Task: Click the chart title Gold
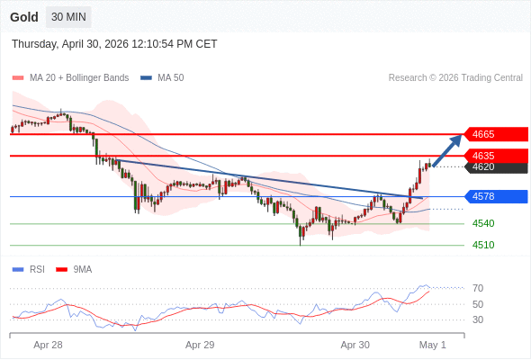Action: tap(24, 17)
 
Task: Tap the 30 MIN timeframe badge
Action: tap(68, 17)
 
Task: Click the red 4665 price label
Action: tap(496, 134)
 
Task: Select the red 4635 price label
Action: tap(496, 156)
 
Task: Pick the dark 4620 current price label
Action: tap(496, 167)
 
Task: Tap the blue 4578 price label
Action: tap(496, 196)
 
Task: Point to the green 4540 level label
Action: tap(483, 223)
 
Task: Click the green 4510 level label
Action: tap(483, 245)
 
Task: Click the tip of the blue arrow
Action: tap(462, 135)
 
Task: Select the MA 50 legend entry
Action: tap(162, 78)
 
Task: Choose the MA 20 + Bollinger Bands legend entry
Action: tap(70, 78)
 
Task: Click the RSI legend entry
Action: tap(29, 270)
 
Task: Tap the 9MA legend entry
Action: tap(74, 270)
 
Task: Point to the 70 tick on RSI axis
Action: tap(478, 288)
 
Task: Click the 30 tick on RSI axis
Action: tap(478, 319)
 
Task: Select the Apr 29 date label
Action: tap(200, 345)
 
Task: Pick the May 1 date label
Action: tap(433, 345)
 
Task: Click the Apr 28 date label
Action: tap(48, 345)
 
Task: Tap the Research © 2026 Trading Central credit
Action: tap(455, 78)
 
